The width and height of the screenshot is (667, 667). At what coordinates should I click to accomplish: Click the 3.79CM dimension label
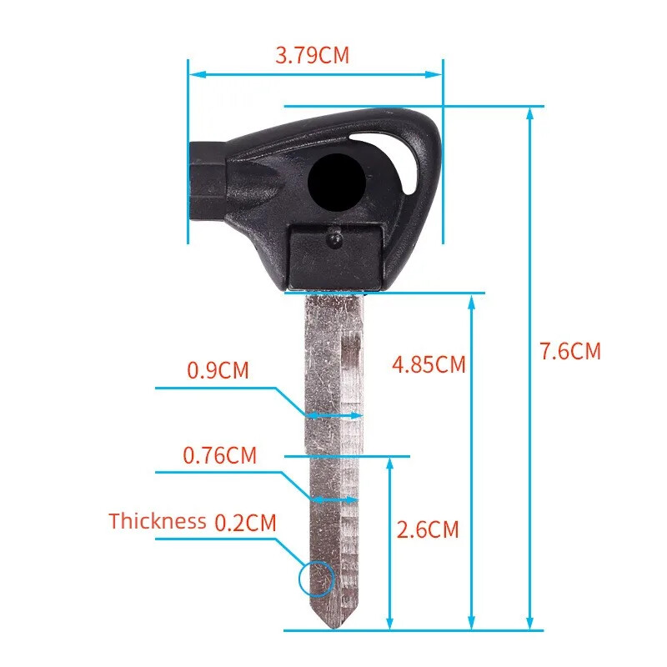tap(312, 55)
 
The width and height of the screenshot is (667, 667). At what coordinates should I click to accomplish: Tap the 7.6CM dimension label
tap(570, 351)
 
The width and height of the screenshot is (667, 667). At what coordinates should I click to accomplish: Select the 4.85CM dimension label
tap(429, 364)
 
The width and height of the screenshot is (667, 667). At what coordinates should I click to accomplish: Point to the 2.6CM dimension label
tap(428, 529)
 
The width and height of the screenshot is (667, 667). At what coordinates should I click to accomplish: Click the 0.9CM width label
tap(218, 370)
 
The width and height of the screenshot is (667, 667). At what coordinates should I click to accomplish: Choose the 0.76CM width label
tap(220, 455)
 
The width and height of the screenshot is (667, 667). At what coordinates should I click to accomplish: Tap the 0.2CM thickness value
tap(245, 523)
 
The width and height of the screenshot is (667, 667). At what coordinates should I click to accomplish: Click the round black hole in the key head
tap(337, 183)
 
